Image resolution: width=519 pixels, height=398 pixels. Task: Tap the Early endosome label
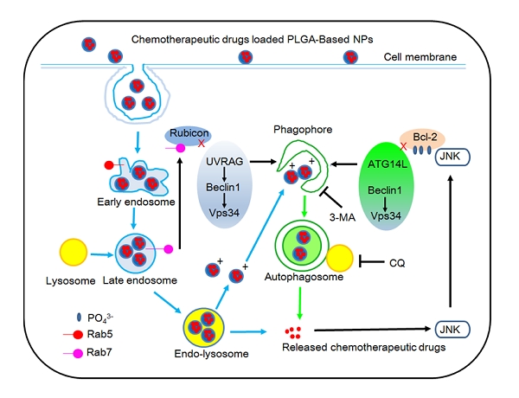tap(146, 204)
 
